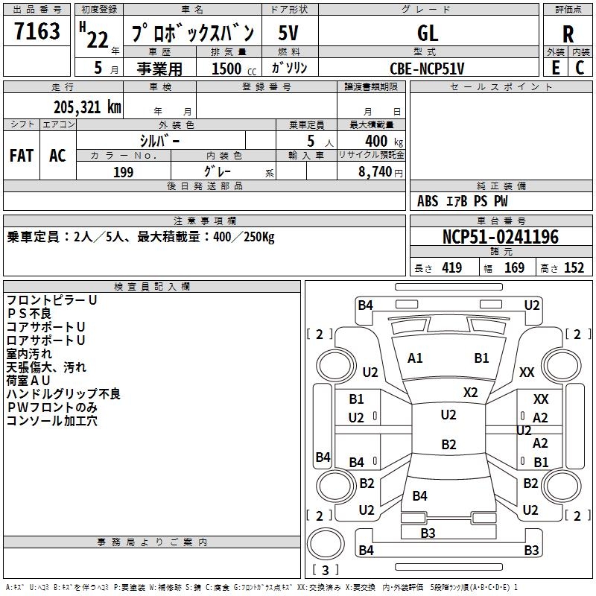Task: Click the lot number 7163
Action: (x=37, y=31)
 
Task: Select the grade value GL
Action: (x=428, y=33)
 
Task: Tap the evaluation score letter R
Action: (x=568, y=34)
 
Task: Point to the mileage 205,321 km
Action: (x=87, y=107)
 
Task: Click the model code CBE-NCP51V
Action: (x=427, y=69)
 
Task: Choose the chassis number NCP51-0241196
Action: (x=501, y=236)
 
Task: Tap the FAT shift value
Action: (x=22, y=156)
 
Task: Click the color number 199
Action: (x=124, y=172)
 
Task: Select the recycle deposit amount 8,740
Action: (x=375, y=171)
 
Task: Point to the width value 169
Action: (x=514, y=267)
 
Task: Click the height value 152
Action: (x=574, y=267)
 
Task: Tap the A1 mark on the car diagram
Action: (x=415, y=358)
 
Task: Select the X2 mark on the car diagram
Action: (x=471, y=393)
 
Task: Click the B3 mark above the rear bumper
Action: (x=428, y=533)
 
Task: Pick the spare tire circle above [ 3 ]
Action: (x=326, y=544)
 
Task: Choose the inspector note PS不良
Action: (x=29, y=314)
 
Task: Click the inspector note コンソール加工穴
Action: (x=52, y=421)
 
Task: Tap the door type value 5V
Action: (x=288, y=33)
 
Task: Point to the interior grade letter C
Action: (x=580, y=68)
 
